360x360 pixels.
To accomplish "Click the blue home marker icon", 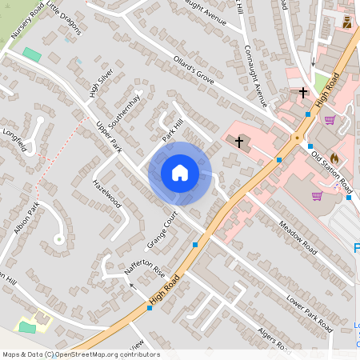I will click(x=180, y=173).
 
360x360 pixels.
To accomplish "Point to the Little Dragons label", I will click(x=63, y=17).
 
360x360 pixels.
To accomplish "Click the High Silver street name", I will click(x=102, y=80).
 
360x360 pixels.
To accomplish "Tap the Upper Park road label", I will click(x=107, y=138).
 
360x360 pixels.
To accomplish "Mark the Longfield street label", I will click(x=16, y=138).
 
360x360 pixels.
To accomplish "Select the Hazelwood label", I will click(x=106, y=193).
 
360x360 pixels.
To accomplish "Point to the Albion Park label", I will click(x=26, y=218).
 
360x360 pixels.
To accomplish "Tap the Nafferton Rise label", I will click(x=144, y=260).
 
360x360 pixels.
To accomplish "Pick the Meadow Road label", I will click(x=292, y=227).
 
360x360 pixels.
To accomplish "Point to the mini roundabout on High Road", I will click(x=297, y=138).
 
